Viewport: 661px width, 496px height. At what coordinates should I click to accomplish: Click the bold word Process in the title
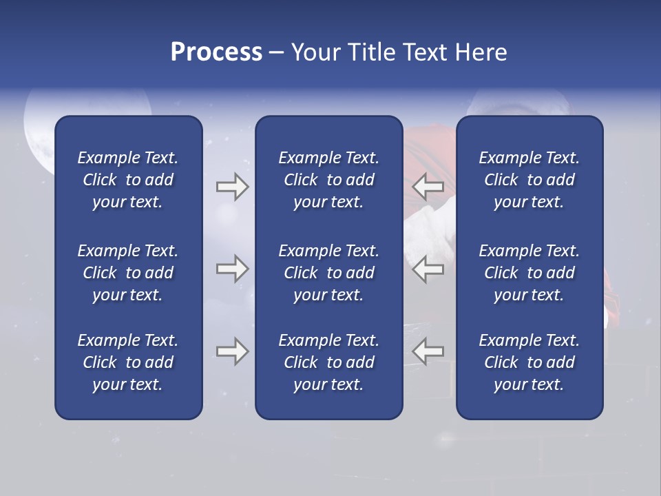(216, 52)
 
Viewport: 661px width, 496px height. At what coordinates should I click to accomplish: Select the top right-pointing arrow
(232, 187)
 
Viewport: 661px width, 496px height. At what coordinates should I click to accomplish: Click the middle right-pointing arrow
(232, 269)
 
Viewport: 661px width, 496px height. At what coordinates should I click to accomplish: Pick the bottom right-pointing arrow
(232, 351)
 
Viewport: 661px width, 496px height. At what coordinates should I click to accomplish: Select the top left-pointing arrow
(428, 187)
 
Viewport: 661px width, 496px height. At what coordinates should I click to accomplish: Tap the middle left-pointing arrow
(428, 269)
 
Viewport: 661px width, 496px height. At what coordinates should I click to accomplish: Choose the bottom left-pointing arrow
(428, 351)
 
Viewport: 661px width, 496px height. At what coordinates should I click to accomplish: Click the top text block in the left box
(128, 180)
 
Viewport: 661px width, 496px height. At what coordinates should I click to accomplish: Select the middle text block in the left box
(128, 273)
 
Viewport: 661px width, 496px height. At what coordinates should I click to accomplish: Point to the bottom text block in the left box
(128, 362)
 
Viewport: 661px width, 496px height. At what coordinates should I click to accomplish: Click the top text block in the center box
(328, 180)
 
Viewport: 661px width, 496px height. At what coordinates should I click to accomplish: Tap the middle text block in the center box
(328, 273)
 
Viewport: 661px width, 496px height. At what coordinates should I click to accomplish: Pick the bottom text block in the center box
(328, 362)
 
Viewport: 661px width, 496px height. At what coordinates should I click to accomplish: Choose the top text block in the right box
(529, 180)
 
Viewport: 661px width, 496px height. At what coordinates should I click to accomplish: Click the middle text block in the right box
(529, 273)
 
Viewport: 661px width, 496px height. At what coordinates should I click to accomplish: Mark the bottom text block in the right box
(529, 362)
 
